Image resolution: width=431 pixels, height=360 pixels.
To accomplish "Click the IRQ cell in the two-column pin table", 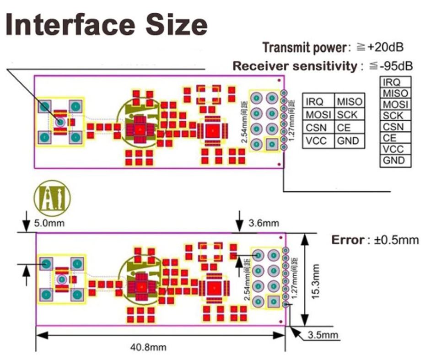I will tap(317, 101).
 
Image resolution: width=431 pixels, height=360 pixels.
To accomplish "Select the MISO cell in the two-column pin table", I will tap(350, 101).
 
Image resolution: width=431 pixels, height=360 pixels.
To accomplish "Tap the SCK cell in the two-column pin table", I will tap(350, 114).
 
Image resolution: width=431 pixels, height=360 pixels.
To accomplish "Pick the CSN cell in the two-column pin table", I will tap(317, 128).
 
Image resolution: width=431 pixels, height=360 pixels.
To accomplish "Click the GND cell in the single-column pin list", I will tap(394, 161).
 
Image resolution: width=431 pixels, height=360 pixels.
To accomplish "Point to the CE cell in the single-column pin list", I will tap(394, 138).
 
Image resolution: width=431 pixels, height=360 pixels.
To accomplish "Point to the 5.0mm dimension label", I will tap(49, 223).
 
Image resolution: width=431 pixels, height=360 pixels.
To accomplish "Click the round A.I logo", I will tap(53, 200).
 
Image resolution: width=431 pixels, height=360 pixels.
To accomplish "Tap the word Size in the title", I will tap(177, 25).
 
